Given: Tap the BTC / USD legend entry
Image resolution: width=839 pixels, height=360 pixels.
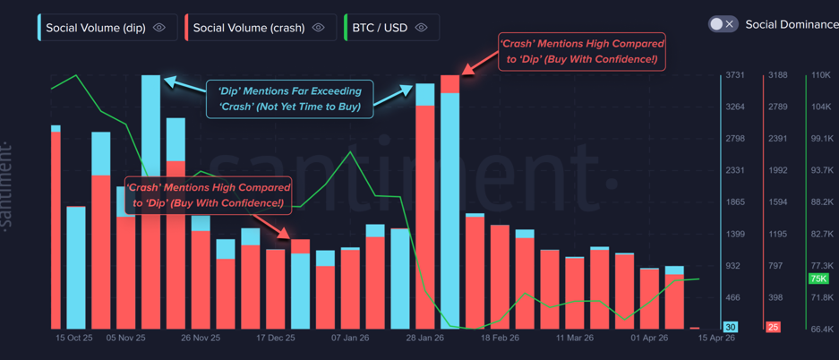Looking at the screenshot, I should click(381, 28).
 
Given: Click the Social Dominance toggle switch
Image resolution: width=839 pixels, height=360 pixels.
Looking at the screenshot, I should click(723, 24).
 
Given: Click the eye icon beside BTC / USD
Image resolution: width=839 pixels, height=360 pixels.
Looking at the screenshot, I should click(422, 28).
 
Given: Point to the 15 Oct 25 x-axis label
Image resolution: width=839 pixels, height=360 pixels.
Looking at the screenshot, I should click(74, 339).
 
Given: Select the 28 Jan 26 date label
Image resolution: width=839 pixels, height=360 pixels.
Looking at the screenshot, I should click(424, 339).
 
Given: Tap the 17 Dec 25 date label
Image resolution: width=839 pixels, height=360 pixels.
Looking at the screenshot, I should click(275, 339).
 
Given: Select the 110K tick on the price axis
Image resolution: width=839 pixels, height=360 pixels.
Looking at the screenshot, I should click(820, 76).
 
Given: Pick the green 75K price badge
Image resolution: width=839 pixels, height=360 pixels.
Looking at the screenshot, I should click(818, 279).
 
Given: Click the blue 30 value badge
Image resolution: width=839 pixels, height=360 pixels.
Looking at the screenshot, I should click(731, 328).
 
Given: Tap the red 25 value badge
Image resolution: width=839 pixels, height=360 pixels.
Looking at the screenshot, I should click(773, 328).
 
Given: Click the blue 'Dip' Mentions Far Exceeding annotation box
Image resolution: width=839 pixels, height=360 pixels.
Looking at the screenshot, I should click(289, 99).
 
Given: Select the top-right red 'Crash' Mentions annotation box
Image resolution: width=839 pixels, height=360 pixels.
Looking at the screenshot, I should click(582, 51).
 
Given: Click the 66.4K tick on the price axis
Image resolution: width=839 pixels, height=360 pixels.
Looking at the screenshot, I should click(822, 330).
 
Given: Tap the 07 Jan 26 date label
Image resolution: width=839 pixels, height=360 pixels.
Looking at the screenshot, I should click(350, 339).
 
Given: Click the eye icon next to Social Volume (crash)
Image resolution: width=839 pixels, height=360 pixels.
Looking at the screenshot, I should click(319, 28).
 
